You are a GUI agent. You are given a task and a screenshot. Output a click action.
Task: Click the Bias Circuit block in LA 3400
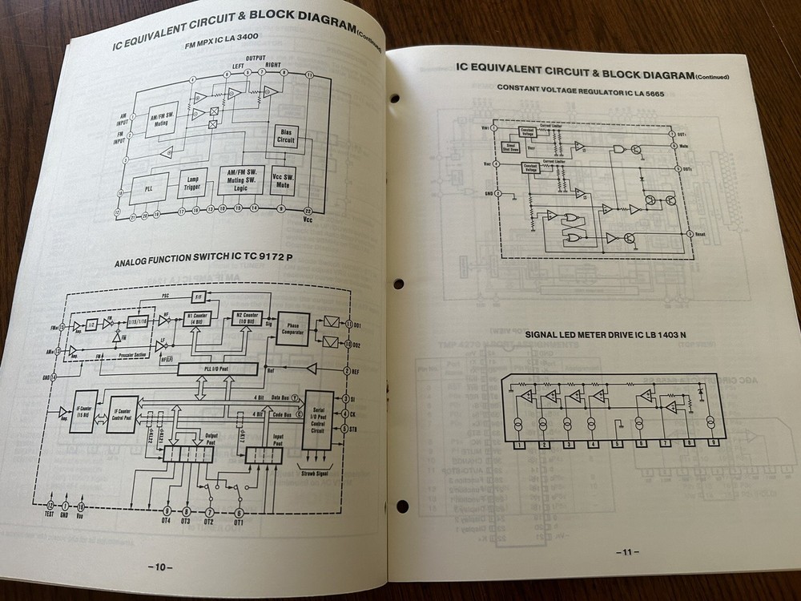point(285,135)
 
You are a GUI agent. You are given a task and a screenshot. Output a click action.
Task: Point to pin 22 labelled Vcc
point(308,209)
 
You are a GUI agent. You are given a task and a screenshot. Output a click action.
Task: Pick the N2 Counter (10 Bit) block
point(248,319)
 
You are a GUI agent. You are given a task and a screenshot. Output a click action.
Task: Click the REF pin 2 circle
point(347,372)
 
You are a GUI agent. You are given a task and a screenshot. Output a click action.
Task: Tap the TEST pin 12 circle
point(50,506)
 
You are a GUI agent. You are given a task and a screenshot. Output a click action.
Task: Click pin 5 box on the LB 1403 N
point(617,445)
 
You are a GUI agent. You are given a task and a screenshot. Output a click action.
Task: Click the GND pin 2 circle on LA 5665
point(498,193)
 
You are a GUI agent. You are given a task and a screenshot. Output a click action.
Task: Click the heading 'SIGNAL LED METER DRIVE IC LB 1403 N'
point(582,334)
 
